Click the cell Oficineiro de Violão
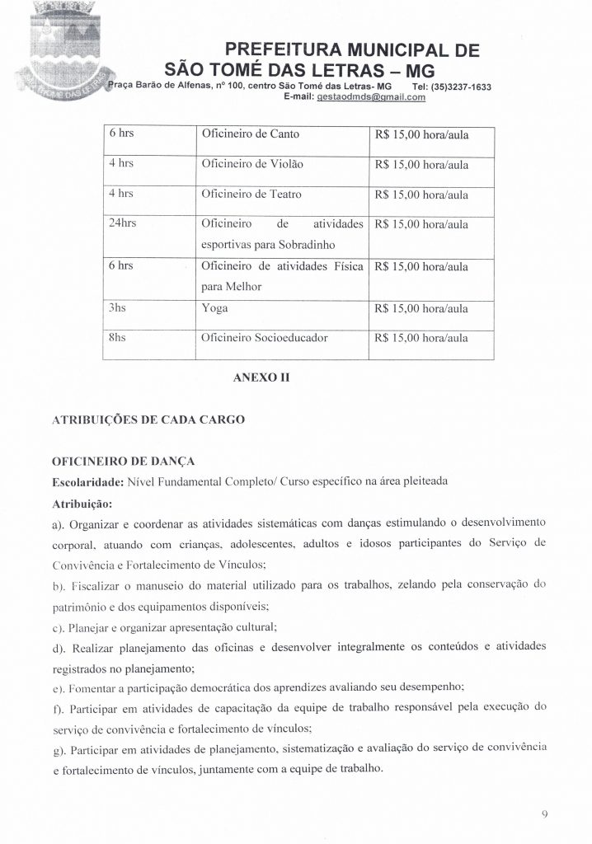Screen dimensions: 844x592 click(x=251, y=165)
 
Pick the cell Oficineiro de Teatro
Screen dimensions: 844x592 click(x=251, y=195)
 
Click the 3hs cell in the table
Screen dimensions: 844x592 click(x=117, y=308)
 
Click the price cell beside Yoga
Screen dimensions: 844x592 click(x=421, y=309)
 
